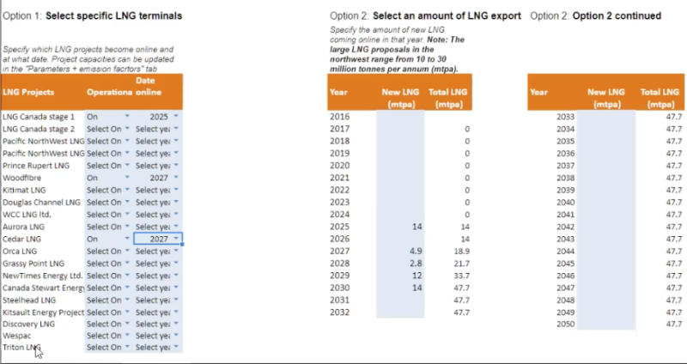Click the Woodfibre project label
(x=21, y=178)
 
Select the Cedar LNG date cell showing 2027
(x=157, y=240)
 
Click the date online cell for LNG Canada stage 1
(x=157, y=116)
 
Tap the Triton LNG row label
(x=21, y=348)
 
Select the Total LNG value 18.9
(x=460, y=252)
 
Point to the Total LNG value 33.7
(x=460, y=276)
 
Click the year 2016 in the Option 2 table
(x=339, y=116)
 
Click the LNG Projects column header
(x=29, y=92)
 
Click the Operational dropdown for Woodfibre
(x=108, y=178)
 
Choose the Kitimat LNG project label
(x=24, y=190)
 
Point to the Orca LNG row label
(x=20, y=252)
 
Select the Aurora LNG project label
(x=22, y=227)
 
